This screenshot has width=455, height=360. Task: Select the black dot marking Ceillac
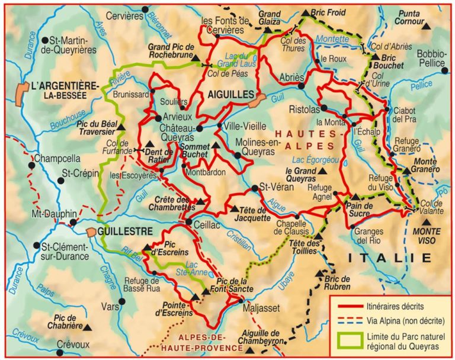tap(188, 223)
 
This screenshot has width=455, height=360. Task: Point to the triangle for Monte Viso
tap(423, 224)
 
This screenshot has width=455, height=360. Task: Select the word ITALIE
tap(389, 257)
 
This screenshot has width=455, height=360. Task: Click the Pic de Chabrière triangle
tap(87, 326)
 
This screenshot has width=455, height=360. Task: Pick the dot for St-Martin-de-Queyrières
tap(45, 40)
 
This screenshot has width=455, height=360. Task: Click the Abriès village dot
tap(302, 86)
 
